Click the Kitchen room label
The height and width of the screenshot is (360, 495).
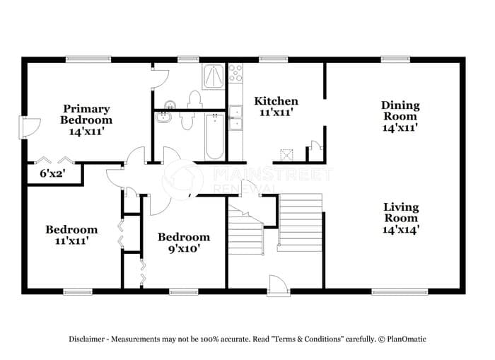click(276, 101)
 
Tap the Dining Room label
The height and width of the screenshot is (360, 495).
click(400, 110)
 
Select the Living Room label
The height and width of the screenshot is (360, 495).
click(401, 212)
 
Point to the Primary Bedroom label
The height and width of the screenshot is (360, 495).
click(86, 114)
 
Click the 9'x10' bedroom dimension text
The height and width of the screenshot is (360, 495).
click(184, 249)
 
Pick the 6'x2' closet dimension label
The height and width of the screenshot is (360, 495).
click(52, 173)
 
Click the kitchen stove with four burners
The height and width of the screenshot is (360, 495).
click(235, 73)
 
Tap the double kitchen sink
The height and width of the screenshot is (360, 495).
click(235, 118)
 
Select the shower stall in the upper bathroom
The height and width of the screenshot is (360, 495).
click(214, 76)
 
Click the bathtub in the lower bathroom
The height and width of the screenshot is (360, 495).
click(215, 137)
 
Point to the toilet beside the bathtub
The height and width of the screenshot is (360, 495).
click(187, 122)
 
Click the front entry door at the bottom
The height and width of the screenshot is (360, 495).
click(279, 286)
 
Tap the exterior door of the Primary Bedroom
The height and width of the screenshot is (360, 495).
click(30, 127)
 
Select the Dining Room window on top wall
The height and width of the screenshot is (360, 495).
click(395, 59)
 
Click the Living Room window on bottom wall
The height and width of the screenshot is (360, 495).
click(400, 292)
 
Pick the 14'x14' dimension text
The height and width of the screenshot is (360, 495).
click(401, 229)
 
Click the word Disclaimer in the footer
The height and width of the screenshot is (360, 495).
click(86, 339)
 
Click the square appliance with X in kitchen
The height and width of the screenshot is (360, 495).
click(286, 155)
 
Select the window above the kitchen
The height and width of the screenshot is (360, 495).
click(274, 59)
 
